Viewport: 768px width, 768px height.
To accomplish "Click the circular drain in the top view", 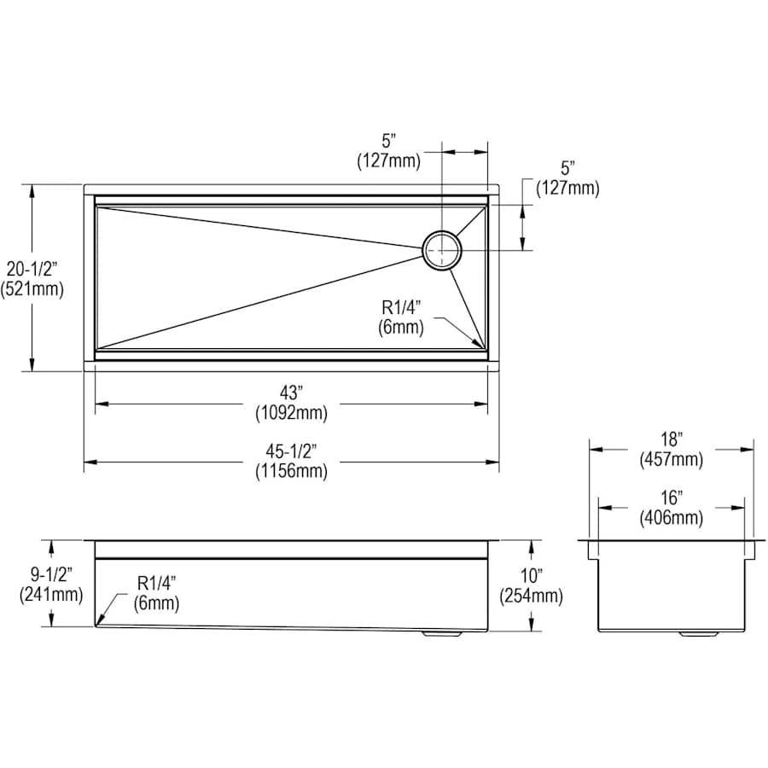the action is coord(442,250).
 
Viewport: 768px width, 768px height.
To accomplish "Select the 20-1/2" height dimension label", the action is coord(32,269).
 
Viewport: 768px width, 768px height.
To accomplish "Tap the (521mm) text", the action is coord(32,289).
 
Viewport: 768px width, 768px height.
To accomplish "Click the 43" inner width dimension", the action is coord(291,393).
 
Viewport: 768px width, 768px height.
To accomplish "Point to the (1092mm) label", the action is coord(292,413).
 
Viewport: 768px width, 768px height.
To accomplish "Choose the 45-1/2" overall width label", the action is coord(291,450).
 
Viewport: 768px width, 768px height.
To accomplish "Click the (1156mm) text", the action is coord(292,471).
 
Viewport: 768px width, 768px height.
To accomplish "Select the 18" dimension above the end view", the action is coord(671,439).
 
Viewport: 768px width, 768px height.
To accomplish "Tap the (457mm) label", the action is coord(671,459).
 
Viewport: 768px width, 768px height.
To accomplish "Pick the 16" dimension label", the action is coord(671,497).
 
